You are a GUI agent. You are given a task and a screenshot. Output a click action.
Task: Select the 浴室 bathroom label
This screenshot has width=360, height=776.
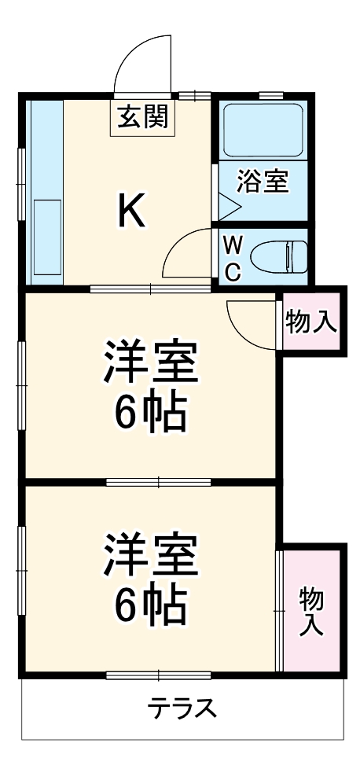click(x=263, y=181)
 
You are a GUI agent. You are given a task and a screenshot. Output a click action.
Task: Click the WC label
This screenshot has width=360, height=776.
click(x=233, y=258)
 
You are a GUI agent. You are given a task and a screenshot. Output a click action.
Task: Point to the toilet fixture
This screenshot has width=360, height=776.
click(x=280, y=257)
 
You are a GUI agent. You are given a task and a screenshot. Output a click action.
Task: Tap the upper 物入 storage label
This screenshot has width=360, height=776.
click(x=312, y=322)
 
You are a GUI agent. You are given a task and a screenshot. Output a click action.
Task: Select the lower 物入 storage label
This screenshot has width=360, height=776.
click(x=312, y=612)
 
